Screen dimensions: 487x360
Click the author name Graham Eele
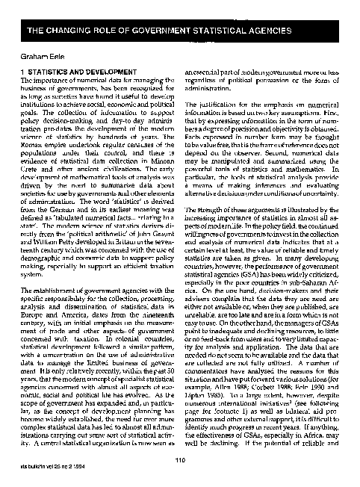pyautogui.click(x=40, y=55)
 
